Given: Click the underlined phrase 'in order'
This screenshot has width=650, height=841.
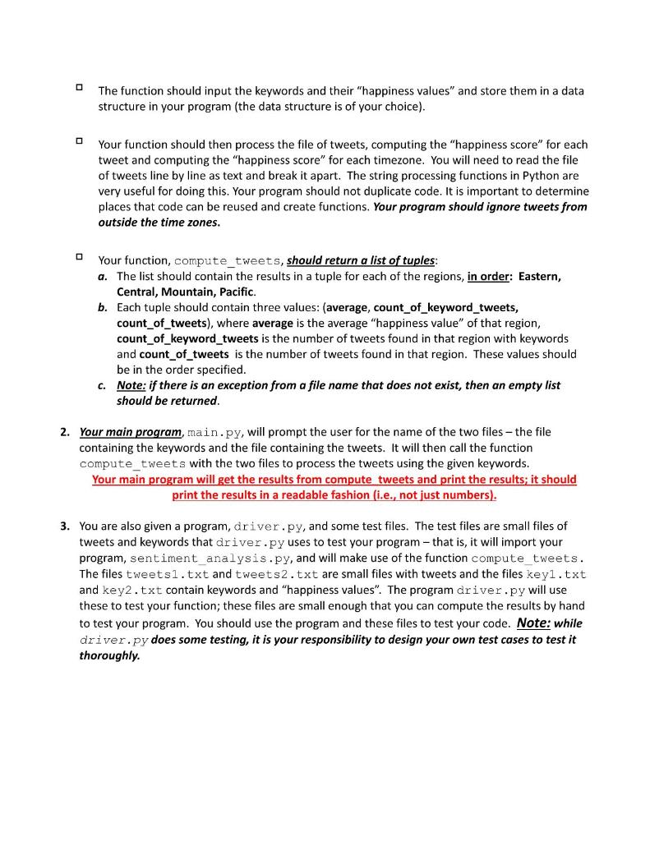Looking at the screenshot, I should coord(488,277).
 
